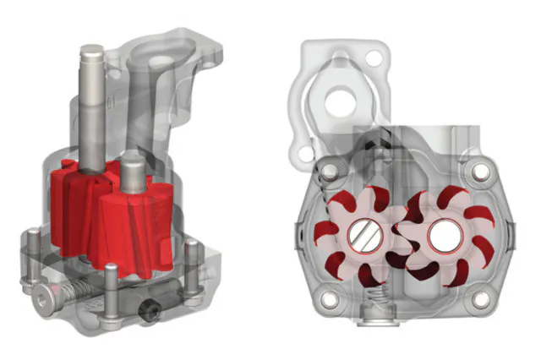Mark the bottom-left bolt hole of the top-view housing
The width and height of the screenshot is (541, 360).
tap(331, 298)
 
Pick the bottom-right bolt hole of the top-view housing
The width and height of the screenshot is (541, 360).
tap(482, 298)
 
